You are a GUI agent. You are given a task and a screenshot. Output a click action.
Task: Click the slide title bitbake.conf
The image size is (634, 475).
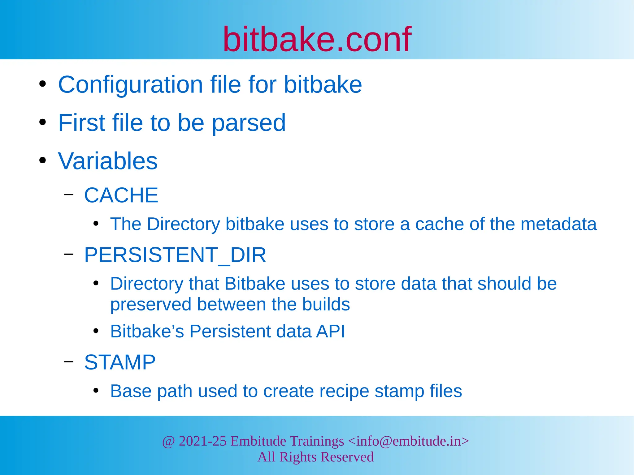click(317, 39)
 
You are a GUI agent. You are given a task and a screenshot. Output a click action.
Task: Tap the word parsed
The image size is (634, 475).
click(249, 123)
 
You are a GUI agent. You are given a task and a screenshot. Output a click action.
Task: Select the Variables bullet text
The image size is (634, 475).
click(108, 161)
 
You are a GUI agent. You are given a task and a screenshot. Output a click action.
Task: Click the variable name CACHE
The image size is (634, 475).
click(121, 195)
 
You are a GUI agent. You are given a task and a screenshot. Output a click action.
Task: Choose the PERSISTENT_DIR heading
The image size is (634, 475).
click(175, 255)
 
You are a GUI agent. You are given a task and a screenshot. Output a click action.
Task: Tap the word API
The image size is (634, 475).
click(330, 331)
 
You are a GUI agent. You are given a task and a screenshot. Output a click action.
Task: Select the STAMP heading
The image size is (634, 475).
click(119, 362)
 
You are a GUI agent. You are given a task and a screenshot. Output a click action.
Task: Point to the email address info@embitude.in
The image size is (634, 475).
click(409, 441)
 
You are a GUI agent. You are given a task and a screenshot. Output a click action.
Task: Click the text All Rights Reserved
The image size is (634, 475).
click(315, 457)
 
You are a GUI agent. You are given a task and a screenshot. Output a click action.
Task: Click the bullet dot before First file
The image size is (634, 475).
click(43, 122)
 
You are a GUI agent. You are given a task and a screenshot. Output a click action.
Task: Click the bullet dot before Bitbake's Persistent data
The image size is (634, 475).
click(96, 331)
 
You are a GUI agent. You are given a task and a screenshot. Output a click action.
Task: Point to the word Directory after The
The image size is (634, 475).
click(183, 224)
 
